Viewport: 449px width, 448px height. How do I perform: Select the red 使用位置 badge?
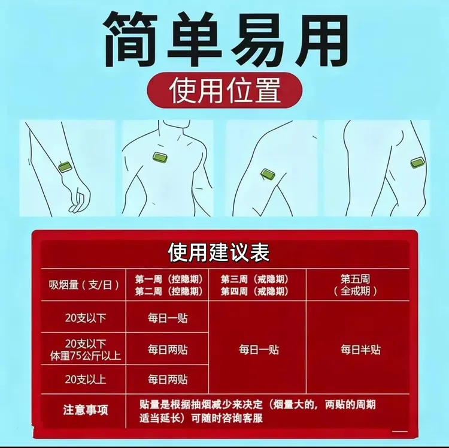pyautogui.click(x=224, y=91)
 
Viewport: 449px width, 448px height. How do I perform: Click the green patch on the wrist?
pyautogui.click(x=66, y=167)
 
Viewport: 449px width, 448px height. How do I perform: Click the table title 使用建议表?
pyautogui.click(x=219, y=252)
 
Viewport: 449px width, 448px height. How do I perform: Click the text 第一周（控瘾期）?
pyautogui.click(x=168, y=279)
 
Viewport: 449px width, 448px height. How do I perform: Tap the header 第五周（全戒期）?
pyautogui.click(x=356, y=285)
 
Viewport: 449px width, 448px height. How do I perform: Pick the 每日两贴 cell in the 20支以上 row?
pyautogui.click(x=168, y=379)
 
